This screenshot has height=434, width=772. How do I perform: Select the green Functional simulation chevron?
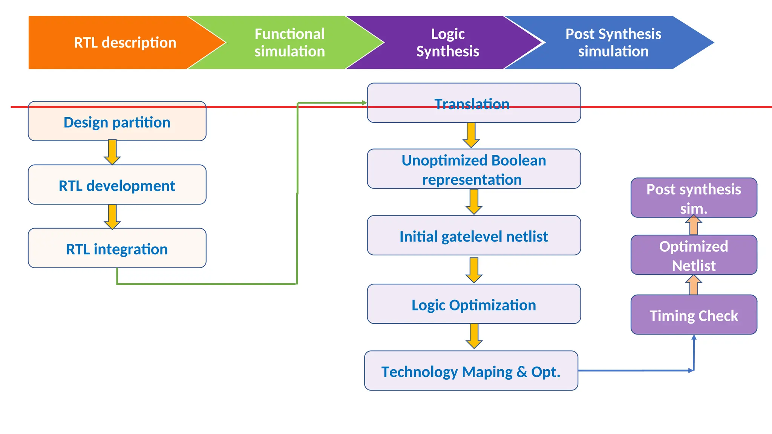289,43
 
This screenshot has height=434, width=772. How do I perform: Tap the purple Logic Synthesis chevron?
447,43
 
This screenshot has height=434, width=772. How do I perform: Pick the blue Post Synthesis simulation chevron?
613,43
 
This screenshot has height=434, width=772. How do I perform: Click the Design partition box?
117,122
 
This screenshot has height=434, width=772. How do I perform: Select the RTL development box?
117,185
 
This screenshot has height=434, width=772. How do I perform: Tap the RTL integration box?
117,248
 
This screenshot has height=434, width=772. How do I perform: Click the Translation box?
473,103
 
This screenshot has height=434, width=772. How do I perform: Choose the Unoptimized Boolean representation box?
473,169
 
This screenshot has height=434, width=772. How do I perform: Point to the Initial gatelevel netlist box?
473,236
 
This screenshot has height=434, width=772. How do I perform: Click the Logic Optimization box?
473,304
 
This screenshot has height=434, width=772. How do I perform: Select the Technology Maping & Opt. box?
471,371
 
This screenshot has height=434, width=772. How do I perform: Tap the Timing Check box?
694,315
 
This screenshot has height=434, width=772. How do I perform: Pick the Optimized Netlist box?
694,255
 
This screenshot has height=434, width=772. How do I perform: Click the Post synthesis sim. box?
694,198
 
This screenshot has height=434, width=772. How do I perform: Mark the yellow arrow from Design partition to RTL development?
112,152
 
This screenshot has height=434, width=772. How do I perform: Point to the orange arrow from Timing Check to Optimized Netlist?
694,285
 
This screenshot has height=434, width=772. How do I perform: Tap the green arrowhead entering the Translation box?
364,102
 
